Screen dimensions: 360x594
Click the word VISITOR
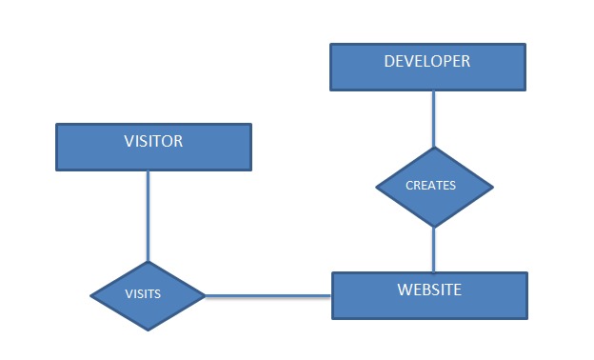(153, 142)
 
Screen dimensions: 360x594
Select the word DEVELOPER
(426, 62)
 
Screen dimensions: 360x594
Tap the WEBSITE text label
(428, 290)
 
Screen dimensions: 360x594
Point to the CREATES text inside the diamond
(430, 186)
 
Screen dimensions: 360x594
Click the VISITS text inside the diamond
(143, 294)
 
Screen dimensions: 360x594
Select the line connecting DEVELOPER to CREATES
(434, 119)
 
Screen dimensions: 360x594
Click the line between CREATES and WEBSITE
(434, 250)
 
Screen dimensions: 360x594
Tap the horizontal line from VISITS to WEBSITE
(268, 296)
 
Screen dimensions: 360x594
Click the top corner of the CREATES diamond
(434, 148)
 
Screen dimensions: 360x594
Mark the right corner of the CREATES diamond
(493, 187)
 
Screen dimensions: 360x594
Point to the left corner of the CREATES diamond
(376, 187)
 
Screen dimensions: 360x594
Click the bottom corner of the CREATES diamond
(434, 227)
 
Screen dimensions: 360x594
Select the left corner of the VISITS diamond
(90, 296)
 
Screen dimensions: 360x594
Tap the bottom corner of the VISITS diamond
(148, 330)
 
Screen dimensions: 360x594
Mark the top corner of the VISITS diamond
(148, 262)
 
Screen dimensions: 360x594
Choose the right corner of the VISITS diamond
(206, 296)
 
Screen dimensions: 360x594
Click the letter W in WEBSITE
(404, 290)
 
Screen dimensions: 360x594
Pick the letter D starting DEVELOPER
(389, 62)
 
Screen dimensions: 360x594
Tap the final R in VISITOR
(178, 142)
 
